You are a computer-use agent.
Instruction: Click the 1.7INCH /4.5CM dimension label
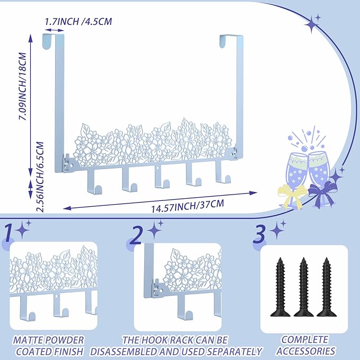[x=78, y=21]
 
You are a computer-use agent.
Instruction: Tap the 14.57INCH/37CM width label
[x=187, y=206]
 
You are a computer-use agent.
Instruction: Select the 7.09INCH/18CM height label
[x=23, y=86]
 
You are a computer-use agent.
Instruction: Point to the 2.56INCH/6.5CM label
[x=40, y=177]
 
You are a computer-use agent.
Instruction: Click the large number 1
[x=9, y=233]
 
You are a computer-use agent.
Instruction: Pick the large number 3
[x=260, y=234]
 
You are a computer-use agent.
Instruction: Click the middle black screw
[x=303, y=287]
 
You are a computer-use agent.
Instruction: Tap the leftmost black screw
[x=280, y=287]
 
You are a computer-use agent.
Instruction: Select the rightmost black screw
[x=327, y=287]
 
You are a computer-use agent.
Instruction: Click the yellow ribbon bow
[x=292, y=195]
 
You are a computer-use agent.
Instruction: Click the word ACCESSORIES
[x=305, y=351]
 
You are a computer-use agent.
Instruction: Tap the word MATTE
[x=28, y=340]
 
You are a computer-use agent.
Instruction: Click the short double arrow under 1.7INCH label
[x=55, y=30]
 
